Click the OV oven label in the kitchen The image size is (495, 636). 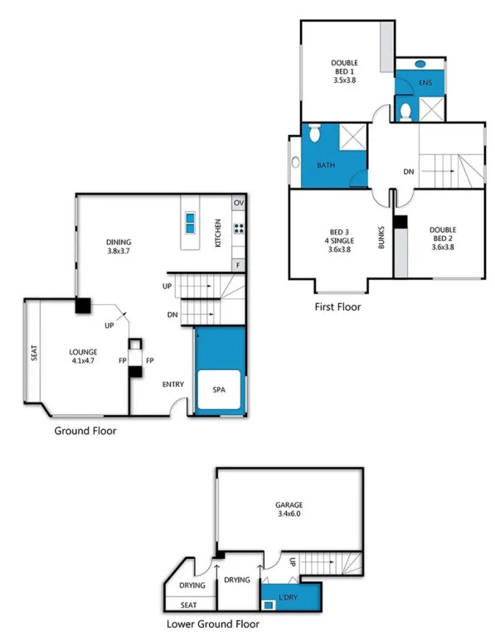point(239,203)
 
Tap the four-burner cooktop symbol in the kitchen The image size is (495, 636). point(239,229)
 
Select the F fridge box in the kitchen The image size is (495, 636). point(238,265)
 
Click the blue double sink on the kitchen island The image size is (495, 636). point(190,223)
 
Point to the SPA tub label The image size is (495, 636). point(219,390)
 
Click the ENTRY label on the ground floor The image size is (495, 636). point(173,384)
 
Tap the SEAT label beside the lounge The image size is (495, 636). point(34,353)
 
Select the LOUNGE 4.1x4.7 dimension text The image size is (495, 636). point(83,360)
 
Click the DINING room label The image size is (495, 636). point(119,242)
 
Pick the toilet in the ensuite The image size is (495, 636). point(405,113)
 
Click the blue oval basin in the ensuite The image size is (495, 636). point(420,64)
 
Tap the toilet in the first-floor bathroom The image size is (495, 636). point(315,132)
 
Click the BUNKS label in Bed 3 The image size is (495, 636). point(381,238)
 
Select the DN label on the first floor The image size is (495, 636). point(409,171)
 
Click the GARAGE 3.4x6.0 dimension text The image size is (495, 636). point(289,513)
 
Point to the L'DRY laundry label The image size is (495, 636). point(288,597)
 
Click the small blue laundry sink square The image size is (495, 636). point(268,605)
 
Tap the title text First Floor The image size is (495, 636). point(337,306)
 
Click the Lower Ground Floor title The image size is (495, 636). point(213,624)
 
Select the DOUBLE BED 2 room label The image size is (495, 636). point(443,234)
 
